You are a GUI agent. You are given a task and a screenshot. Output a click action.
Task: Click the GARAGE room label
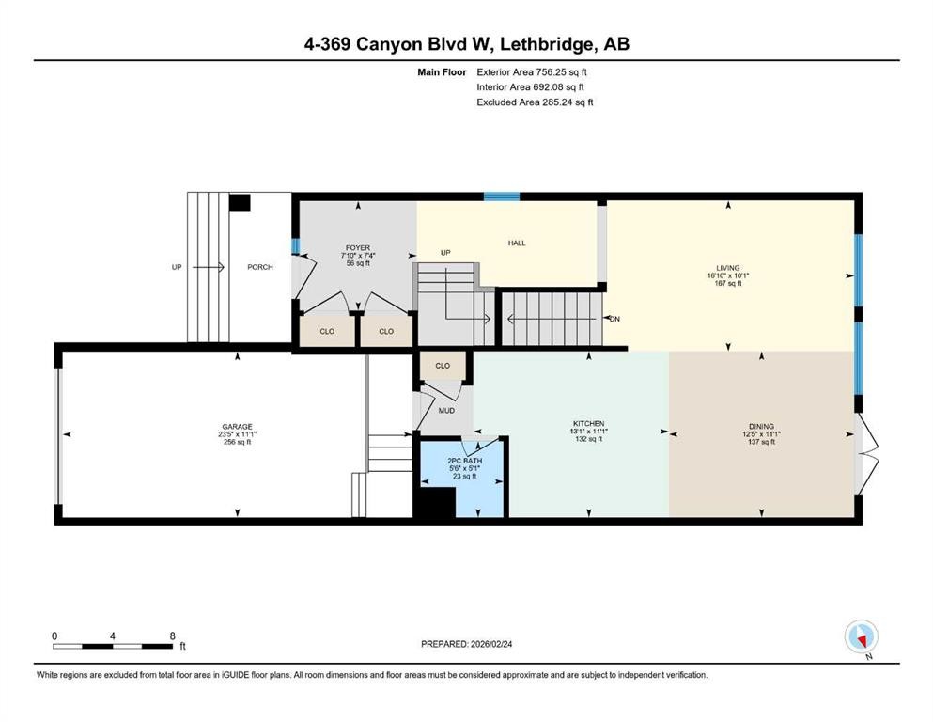237,426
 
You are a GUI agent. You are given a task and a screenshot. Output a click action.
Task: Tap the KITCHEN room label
588,424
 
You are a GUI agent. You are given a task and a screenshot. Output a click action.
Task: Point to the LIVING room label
729,268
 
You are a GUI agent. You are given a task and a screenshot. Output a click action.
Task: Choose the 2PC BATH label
460,460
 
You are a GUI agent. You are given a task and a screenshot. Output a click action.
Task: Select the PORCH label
260,267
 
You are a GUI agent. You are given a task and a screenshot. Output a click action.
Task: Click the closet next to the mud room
443,366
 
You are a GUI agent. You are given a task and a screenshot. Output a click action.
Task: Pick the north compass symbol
861,637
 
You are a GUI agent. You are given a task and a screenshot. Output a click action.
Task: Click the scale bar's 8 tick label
172,636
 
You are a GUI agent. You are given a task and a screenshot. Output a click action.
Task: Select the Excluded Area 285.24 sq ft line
535,102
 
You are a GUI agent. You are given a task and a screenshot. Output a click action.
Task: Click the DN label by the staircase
614,318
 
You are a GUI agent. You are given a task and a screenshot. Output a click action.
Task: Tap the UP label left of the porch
176,267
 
